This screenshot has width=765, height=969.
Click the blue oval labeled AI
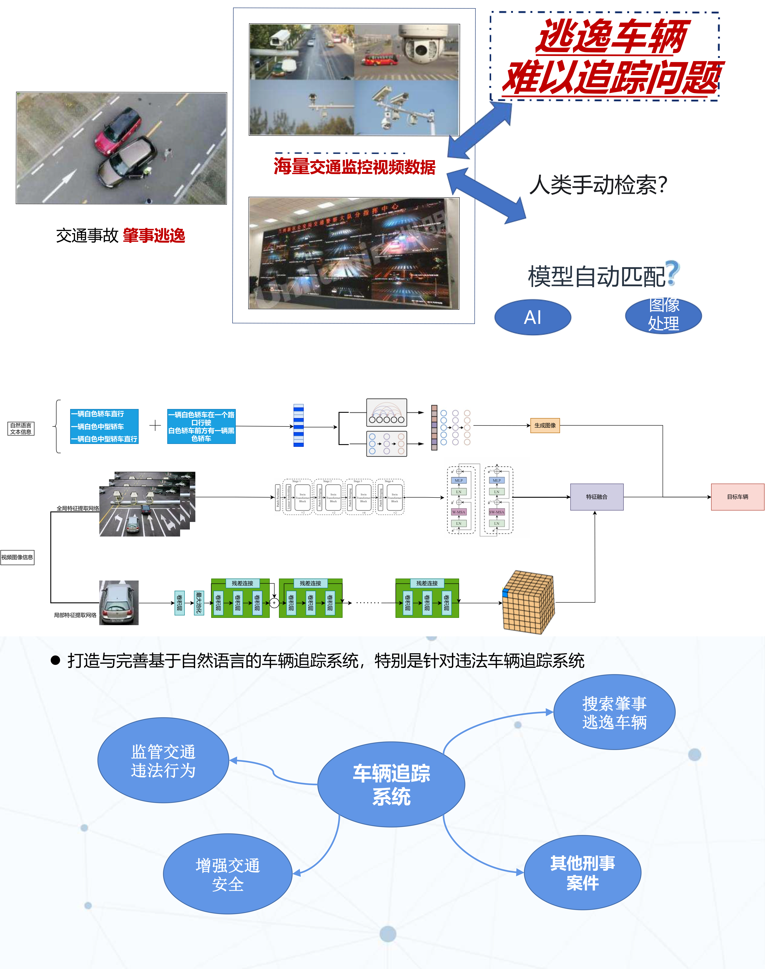click(x=533, y=317)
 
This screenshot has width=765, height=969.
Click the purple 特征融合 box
click(x=597, y=497)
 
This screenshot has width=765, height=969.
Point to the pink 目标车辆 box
click(x=737, y=497)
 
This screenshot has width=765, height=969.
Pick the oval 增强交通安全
click(x=228, y=874)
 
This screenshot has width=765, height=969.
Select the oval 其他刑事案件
click(x=582, y=873)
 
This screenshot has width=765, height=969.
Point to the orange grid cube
click(x=528, y=603)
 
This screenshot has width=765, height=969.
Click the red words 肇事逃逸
click(x=154, y=235)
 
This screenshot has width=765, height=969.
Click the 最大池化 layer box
click(x=199, y=603)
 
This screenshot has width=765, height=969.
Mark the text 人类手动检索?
click(x=598, y=185)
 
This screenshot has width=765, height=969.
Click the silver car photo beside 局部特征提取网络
click(x=119, y=603)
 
